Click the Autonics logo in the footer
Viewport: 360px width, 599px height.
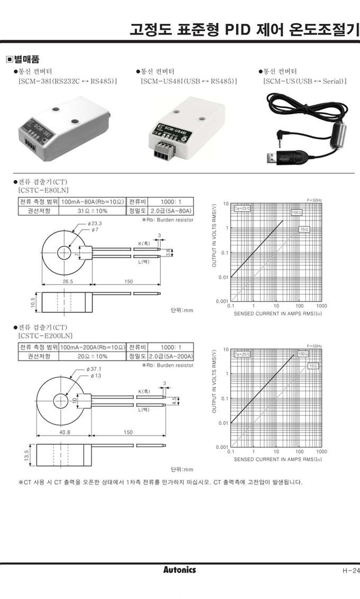(179, 569)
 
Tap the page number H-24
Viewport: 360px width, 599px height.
(350, 570)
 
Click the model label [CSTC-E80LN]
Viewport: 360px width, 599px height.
(43, 189)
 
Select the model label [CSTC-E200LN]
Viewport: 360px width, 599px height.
(46, 335)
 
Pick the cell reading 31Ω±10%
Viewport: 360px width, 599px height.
(92, 211)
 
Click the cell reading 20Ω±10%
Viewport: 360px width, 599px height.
(92, 356)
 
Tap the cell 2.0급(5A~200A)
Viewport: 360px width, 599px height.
(170, 356)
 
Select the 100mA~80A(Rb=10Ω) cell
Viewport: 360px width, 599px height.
(92, 202)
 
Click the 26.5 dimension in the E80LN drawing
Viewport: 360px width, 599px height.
(68, 282)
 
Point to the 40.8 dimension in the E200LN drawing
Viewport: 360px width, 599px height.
(65, 432)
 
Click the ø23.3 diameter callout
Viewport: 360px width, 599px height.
(95, 223)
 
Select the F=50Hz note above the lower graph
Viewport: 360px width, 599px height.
(314, 345)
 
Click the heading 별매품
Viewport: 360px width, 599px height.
(26, 59)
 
